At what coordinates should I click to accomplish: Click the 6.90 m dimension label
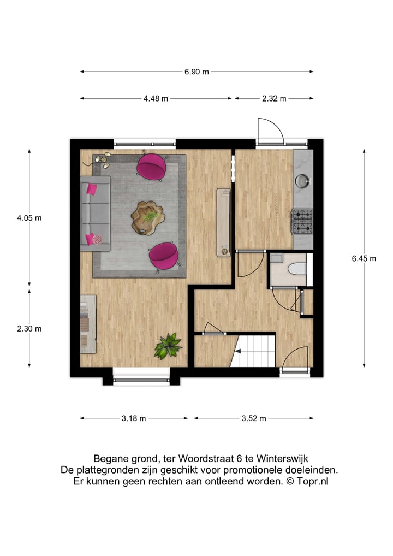point(196,72)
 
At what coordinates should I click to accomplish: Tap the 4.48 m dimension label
point(156,98)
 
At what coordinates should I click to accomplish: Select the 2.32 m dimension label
point(274,98)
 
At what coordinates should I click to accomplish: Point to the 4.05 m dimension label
point(29,217)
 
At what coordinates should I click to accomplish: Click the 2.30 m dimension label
point(29,329)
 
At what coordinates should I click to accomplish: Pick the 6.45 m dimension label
point(364,259)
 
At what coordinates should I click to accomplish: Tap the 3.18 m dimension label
point(134,418)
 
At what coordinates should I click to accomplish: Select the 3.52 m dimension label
point(254,418)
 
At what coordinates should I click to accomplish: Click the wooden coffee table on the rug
point(147,217)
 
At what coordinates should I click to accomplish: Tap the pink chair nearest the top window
point(151,166)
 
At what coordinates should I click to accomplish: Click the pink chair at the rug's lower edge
point(164,254)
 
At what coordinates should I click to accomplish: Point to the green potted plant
point(168,346)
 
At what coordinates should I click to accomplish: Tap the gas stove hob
point(302,221)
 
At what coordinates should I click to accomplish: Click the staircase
point(254,351)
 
